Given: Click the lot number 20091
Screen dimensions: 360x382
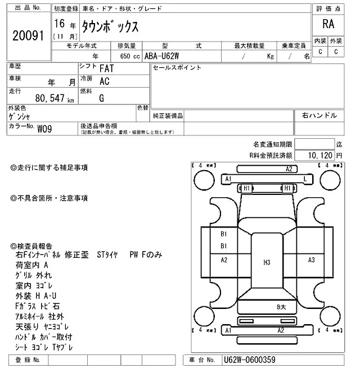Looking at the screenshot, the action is (28, 36).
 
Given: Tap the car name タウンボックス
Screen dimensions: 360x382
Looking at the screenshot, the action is (110, 26).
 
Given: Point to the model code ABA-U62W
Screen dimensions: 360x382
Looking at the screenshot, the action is (161, 56).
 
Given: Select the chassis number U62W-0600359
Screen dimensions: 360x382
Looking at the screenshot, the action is (249, 359).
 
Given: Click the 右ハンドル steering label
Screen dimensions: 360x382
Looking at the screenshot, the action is (319, 115).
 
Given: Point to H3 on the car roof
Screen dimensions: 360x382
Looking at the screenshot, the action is (267, 262).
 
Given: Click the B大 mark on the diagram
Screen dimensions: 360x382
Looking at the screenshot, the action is (281, 307).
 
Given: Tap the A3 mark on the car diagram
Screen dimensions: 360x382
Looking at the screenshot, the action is (311, 260).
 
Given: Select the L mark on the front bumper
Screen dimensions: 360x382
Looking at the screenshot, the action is (304, 179).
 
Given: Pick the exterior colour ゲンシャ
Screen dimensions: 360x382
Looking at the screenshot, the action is (21, 116).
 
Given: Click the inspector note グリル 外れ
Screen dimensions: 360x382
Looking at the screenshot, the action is (34, 275).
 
